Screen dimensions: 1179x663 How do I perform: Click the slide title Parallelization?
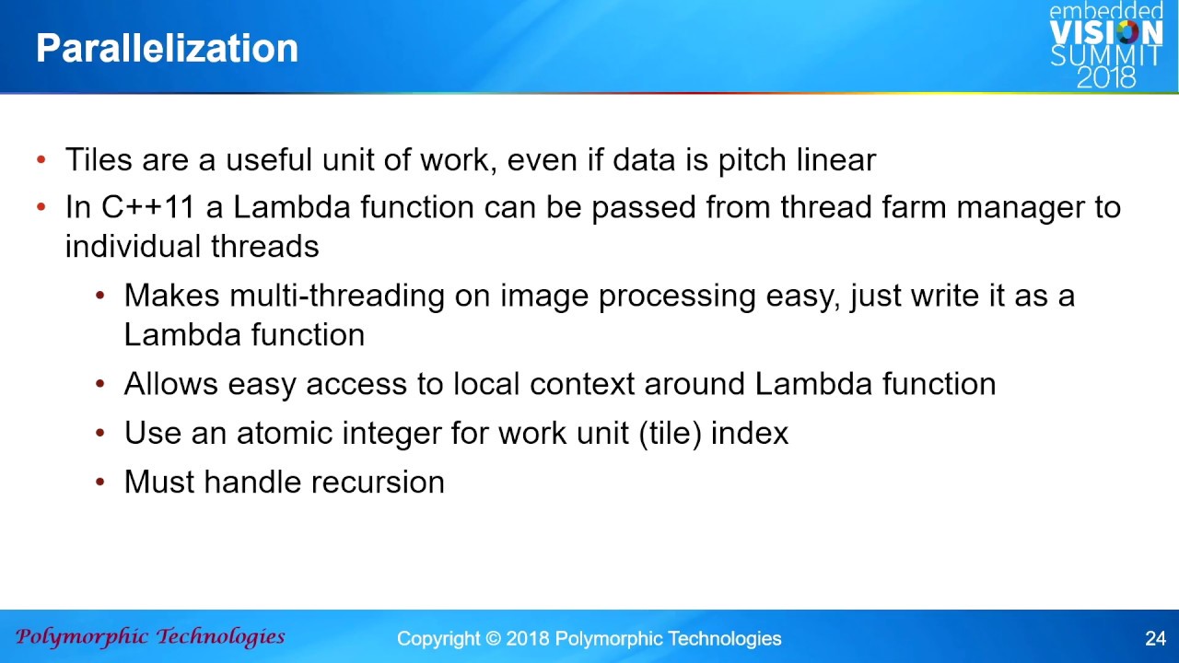168,49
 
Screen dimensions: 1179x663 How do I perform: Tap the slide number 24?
1155,638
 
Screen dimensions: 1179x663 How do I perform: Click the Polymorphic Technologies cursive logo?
150,637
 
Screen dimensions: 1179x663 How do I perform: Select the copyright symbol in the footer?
493,639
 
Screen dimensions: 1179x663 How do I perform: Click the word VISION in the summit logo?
1106,32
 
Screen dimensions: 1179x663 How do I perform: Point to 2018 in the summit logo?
1106,77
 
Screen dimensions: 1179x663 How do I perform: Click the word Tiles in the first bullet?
99,159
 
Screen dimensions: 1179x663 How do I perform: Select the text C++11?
148,207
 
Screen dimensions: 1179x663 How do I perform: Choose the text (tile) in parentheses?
670,434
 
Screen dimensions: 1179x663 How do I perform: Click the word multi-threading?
337,296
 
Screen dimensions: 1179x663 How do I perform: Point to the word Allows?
171,384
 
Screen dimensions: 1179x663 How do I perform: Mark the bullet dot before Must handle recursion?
100,482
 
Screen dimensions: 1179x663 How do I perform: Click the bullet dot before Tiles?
41,159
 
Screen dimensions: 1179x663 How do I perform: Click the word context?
582,384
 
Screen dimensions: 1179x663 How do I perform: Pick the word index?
750,433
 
